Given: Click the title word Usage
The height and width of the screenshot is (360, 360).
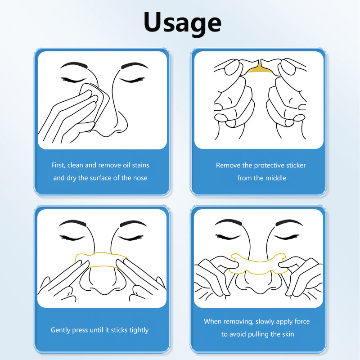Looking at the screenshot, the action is [183, 23].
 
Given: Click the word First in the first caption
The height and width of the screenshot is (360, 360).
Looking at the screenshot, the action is [58, 165].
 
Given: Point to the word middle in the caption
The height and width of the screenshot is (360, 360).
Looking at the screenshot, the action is [275, 178].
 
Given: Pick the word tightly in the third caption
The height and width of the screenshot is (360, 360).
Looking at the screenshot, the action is [139, 330].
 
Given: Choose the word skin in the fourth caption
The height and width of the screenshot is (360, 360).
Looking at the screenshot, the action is [288, 334].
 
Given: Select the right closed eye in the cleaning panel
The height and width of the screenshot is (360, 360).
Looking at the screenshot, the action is [132, 80].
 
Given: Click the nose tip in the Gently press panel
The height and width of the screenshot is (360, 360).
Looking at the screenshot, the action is [103, 290].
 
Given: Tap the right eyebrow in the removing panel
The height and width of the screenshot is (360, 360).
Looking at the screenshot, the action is [289, 222].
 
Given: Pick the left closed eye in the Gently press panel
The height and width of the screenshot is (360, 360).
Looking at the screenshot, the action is [72, 238].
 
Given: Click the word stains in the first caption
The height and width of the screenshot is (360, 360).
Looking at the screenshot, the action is [140, 165].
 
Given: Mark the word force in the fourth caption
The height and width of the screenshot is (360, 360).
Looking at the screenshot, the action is [302, 321].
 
